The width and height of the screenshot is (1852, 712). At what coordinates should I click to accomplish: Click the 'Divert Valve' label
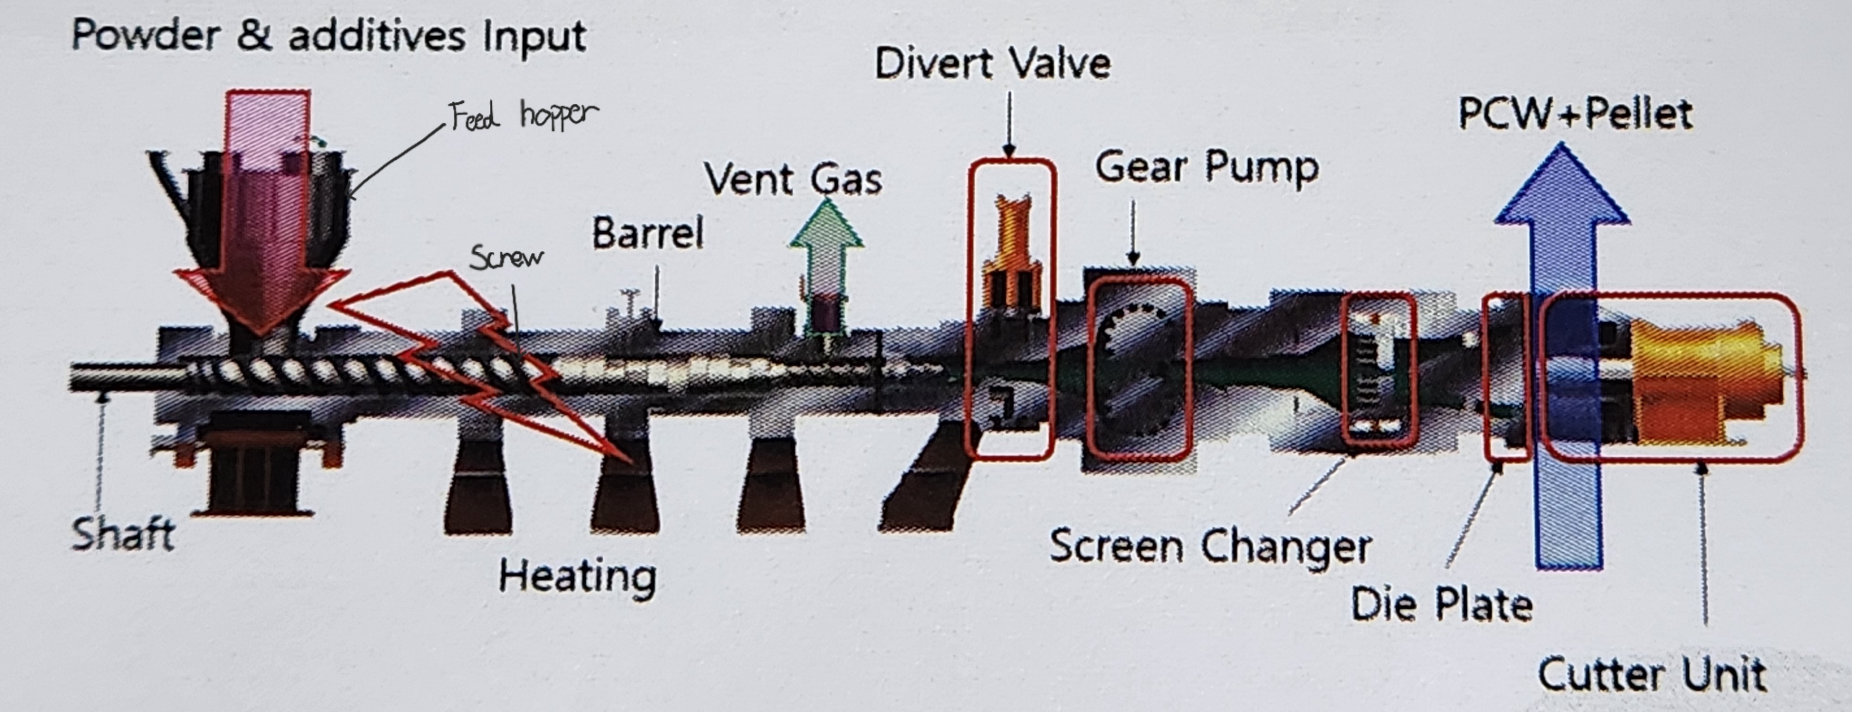pyautogui.click(x=992, y=63)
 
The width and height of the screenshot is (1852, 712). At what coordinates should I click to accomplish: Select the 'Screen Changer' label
pyautogui.click(x=1210, y=547)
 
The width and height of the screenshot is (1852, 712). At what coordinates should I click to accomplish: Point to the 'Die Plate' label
pyautogui.click(x=1441, y=604)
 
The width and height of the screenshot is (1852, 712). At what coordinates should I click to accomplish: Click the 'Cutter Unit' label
pyautogui.click(x=1652, y=675)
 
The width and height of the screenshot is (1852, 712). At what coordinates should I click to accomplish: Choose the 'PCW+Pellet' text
pyautogui.click(x=1575, y=113)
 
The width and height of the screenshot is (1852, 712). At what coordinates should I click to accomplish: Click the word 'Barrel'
pyautogui.click(x=647, y=234)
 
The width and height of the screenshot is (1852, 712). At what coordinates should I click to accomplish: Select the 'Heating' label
pyautogui.click(x=577, y=577)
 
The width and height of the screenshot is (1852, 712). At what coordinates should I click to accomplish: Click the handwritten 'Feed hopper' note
pyautogui.click(x=523, y=115)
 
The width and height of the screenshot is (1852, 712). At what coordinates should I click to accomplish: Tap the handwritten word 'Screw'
pyautogui.click(x=506, y=257)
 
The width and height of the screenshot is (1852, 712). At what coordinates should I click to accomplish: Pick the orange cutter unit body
pyautogui.click(x=1697, y=381)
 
